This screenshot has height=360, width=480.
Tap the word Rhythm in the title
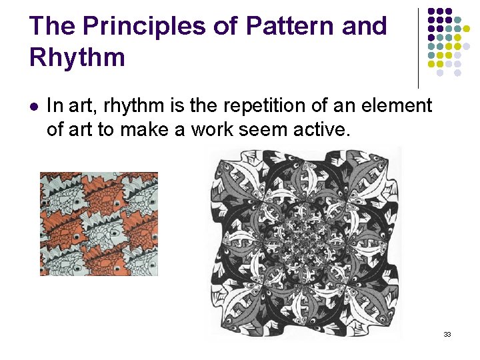77,57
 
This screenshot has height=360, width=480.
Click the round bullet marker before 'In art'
34,106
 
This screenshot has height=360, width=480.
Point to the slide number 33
447,334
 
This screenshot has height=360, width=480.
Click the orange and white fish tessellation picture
99,223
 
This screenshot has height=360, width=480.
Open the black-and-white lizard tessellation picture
305,243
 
